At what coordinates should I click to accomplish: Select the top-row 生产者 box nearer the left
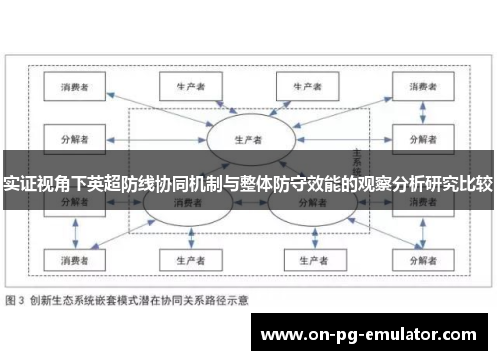tap(182, 86)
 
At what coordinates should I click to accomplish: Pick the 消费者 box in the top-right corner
tap(414, 88)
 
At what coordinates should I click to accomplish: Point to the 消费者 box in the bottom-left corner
tap(75, 260)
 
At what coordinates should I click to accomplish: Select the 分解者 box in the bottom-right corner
tap(414, 260)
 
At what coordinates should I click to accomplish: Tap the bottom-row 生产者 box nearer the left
tap(182, 260)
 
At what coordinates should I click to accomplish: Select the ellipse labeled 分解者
tap(310, 204)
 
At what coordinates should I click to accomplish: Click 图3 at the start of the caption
tap(17, 299)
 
